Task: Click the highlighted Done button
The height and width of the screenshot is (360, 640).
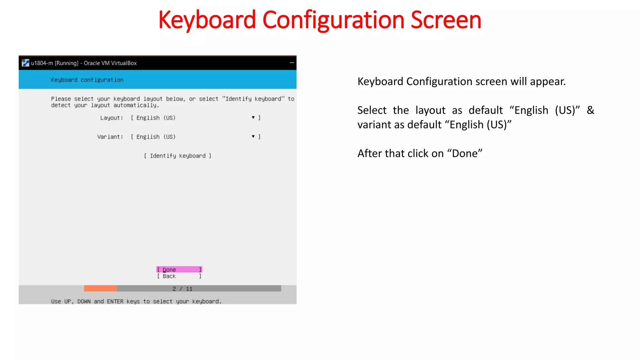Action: point(179,269)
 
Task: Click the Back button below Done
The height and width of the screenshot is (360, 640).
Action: point(179,276)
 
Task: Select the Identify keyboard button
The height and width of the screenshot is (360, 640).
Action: point(177,156)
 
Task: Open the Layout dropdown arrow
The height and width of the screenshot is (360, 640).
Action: point(253,117)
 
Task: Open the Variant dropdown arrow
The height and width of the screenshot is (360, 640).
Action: point(253,137)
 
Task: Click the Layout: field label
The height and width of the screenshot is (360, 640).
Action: point(112,118)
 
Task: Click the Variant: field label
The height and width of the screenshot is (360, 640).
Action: point(110,137)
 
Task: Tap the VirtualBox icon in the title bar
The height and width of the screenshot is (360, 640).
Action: point(25,63)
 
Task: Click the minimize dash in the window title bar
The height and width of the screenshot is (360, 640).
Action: point(292,63)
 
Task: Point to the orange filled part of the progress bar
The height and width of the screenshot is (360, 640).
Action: point(100,288)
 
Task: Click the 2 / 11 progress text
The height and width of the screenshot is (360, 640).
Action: point(182,289)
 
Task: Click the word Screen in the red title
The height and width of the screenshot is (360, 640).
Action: point(446,20)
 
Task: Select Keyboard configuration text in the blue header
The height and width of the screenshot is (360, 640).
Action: point(87,80)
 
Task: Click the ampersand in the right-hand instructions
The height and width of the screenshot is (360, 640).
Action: point(590,110)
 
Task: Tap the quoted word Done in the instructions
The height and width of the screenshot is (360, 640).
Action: point(465,153)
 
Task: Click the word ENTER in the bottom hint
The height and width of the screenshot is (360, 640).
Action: point(115,302)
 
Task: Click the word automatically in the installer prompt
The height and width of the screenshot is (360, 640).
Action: point(136,105)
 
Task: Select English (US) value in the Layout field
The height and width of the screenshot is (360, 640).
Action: point(156,118)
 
